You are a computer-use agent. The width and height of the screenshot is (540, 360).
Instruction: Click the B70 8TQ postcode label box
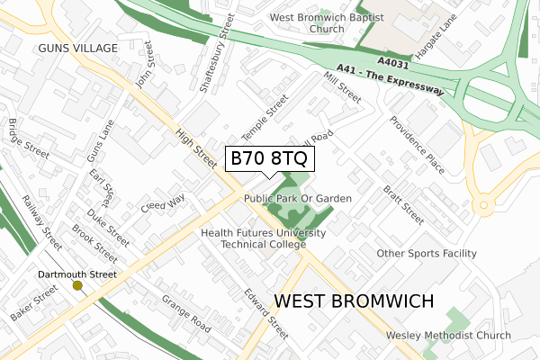coord(269,158)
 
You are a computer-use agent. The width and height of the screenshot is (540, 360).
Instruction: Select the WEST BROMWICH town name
coord(353,301)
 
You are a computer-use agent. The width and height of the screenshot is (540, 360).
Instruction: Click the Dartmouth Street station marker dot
coord(77,285)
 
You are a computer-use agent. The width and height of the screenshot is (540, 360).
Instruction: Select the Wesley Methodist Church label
coord(447,335)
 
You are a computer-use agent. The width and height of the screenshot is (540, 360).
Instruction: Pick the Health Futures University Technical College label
coord(263,238)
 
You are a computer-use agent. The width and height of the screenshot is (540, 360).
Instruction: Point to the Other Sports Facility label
coord(426,254)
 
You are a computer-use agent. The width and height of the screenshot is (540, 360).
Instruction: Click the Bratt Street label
coord(402,204)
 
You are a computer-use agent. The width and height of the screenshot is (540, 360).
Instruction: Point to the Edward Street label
coord(265,313)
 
